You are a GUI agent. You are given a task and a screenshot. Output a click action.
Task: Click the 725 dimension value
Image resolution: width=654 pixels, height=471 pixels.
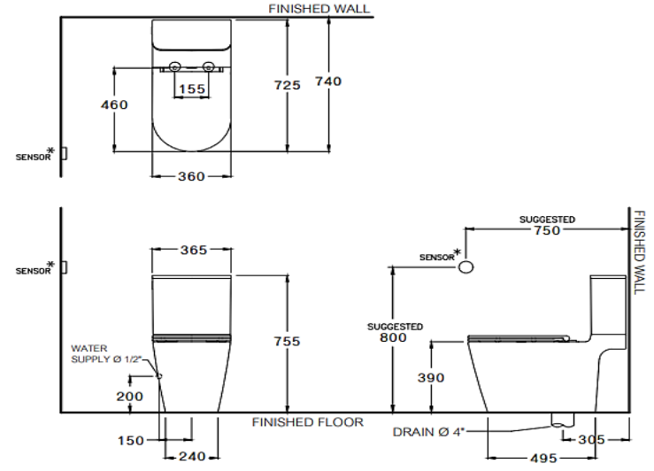(288, 84)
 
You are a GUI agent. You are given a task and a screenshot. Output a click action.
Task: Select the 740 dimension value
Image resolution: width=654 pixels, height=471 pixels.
(327, 81)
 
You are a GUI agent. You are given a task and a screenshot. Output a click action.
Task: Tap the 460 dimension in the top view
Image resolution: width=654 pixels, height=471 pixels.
(114, 104)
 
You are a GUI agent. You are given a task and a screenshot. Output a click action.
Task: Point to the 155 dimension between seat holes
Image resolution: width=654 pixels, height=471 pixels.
(192, 89)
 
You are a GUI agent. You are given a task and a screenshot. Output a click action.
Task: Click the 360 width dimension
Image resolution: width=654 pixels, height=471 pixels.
(191, 176)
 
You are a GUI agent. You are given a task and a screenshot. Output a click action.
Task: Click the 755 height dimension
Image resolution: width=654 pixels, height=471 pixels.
(287, 341)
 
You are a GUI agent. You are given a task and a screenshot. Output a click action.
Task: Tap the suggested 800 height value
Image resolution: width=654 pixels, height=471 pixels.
(391, 338)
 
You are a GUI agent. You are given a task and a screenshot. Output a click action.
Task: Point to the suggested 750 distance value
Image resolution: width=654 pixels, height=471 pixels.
(546, 230)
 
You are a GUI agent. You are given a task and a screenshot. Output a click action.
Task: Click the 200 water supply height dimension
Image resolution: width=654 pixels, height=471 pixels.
(129, 396)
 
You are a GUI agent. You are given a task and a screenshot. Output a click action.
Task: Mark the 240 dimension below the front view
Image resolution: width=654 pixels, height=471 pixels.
(191, 457)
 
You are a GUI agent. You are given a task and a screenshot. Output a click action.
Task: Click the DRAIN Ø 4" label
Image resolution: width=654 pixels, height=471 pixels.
(427, 433)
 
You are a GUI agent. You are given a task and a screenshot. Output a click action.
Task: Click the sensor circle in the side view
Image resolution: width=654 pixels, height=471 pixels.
(466, 266)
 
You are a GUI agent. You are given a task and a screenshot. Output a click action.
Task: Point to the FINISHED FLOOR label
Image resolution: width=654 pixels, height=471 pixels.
(306, 422)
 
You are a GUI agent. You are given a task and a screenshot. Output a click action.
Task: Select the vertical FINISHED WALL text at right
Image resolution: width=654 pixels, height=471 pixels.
(642, 251)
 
